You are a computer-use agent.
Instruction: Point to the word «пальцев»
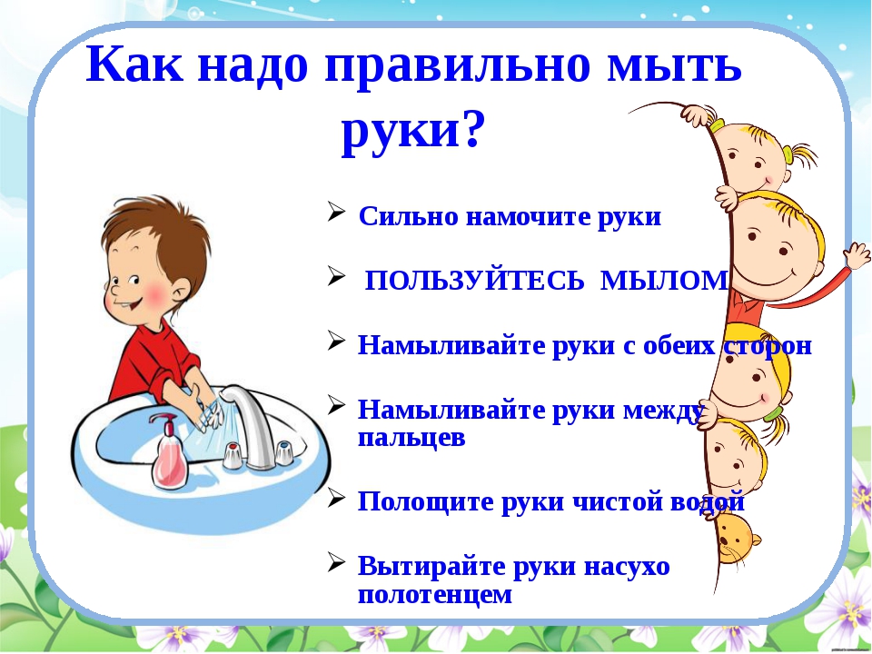(411, 438)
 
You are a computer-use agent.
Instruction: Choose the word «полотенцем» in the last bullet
(435, 594)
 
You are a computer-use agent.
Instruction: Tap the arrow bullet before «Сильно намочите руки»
(336, 213)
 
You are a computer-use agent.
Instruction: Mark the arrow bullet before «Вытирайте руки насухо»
(336, 562)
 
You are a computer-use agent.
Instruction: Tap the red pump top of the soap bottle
(163, 421)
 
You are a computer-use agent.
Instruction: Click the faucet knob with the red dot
(233, 455)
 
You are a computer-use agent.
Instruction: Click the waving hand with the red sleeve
(857, 255)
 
